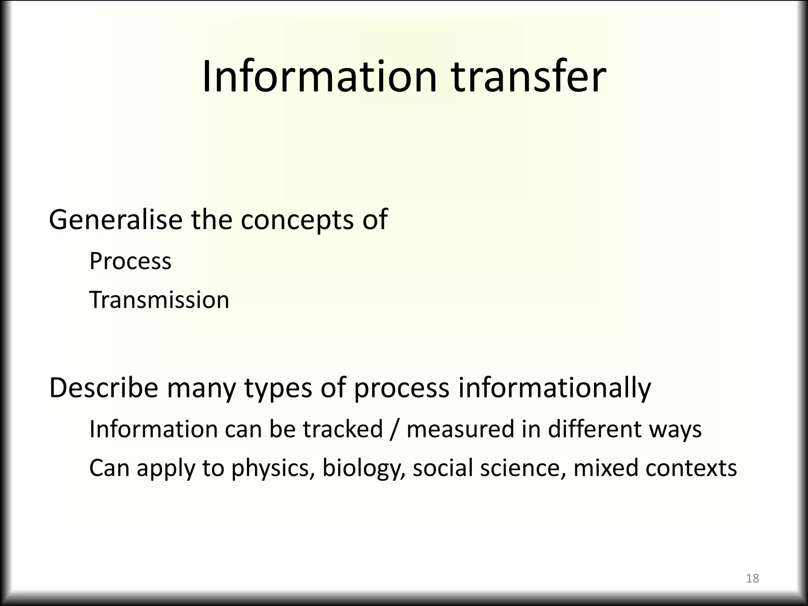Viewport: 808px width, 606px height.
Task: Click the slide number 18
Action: pos(753,578)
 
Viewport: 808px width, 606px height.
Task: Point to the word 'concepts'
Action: pos(297,220)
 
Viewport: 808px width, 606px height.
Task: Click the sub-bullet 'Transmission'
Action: pos(159,300)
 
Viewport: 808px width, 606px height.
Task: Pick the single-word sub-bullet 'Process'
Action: pos(130,261)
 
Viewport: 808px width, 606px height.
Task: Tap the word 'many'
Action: pos(201,389)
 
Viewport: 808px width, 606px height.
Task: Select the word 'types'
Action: pos(279,389)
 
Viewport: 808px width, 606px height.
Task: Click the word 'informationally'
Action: pos(554,389)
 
